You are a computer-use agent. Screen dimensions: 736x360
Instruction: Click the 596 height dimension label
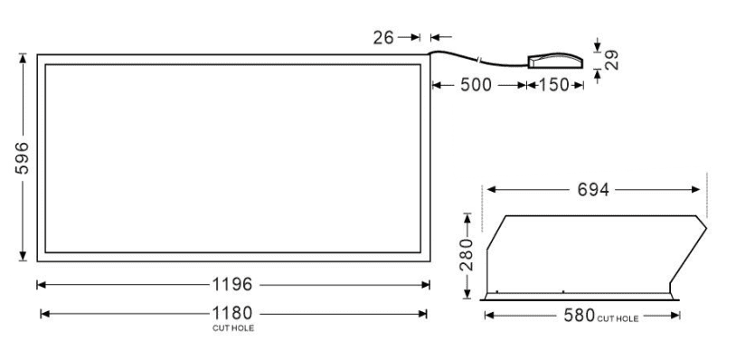pyautogui.click(x=22, y=157)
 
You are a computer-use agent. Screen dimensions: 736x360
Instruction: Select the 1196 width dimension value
pyautogui.click(x=232, y=284)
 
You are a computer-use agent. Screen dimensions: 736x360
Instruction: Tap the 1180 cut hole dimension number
pyautogui.click(x=232, y=313)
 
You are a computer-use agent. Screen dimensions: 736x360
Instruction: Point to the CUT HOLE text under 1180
pyautogui.click(x=233, y=328)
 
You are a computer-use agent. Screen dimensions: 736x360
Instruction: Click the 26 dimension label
pyautogui.click(x=383, y=38)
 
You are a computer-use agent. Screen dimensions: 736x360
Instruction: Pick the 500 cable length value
pyautogui.click(x=476, y=85)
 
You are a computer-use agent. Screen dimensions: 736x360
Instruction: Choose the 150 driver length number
pyautogui.click(x=553, y=85)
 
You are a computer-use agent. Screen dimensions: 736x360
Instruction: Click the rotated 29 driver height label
pyautogui.click(x=611, y=60)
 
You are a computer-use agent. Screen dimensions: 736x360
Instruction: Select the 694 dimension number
pyautogui.click(x=593, y=190)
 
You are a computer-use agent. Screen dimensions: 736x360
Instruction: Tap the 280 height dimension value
pyautogui.click(x=467, y=254)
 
